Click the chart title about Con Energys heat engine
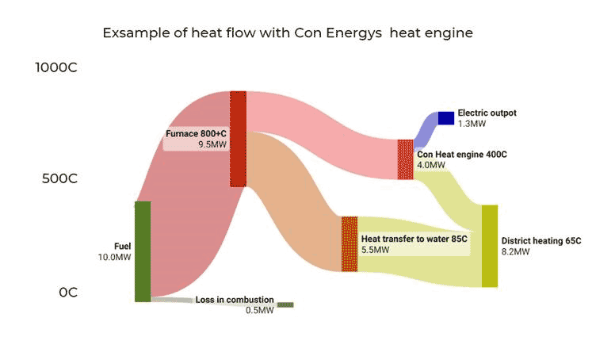pyautogui.click(x=288, y=33)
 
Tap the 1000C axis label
pyautogui.click(x=55, y=67)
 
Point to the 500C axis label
pyautogui.click(x=59, y=178)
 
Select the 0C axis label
pyautogui.click(x=67, y=292)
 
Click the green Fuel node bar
pyautogui.click(x=142, y=251)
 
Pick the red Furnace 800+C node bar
pyautogui.click(x=239, y=139)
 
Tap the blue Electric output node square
pyautogui.click(x=445, y=118)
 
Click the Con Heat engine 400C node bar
pyautogui.click(x=405, y=159)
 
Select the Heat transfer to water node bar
pyautogui.click(x=350, y=244)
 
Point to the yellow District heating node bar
pyautogui.click(x=490, y=246)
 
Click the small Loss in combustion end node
pyautogui.click(x=285, y=304)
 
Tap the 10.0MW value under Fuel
pyautogui.click(x=114, y=257)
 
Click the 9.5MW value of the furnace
pyautogui.click(x=212, y=145)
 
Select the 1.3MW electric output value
pyautogui.click(x=472, y=124)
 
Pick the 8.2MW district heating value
pyautogui.click(x=515, y=251)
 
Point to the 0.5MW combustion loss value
pyautogui.click(x=259, y=310)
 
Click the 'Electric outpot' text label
pyautogui.click(x=487, y=113)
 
